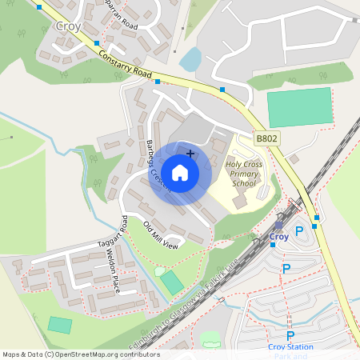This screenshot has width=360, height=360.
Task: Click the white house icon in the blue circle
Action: coord(180,172)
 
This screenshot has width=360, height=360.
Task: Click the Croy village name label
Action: coord(68,26)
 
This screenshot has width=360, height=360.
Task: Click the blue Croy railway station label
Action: coord(279,237)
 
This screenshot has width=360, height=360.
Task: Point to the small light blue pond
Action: coord(190,59)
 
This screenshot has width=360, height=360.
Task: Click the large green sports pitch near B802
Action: coord(298,106)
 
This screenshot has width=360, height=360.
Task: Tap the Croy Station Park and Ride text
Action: coord(290,350)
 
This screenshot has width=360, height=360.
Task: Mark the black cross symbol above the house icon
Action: coord(190,152)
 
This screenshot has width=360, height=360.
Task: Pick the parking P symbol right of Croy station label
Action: coord(299,232)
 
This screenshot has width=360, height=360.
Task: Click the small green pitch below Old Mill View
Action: coord(172,282)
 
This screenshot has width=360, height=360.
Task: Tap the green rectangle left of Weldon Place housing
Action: coord(59,325)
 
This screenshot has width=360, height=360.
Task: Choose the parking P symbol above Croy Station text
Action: coord(290,336)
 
